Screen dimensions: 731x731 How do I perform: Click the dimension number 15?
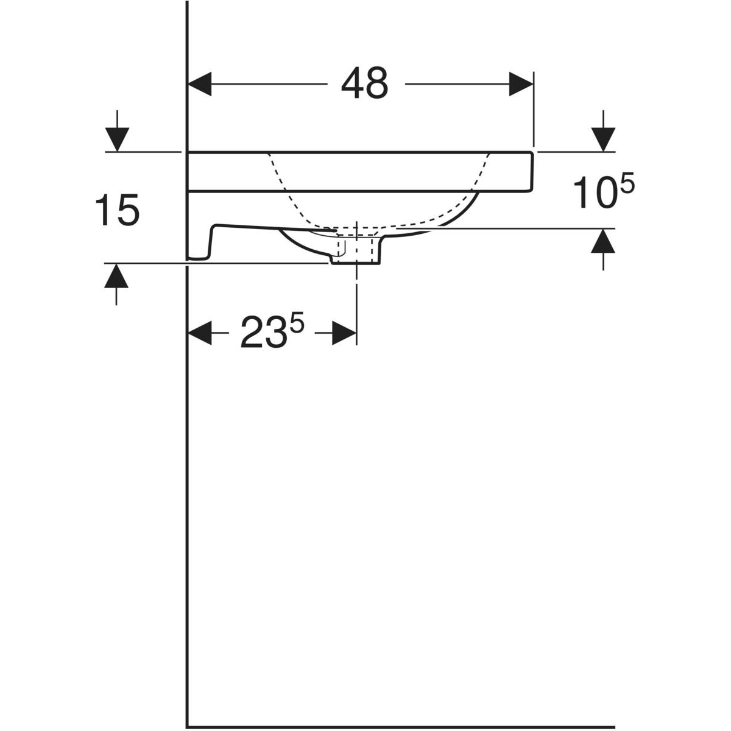point(117,210)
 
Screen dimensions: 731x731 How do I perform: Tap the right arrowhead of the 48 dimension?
point(521,84)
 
